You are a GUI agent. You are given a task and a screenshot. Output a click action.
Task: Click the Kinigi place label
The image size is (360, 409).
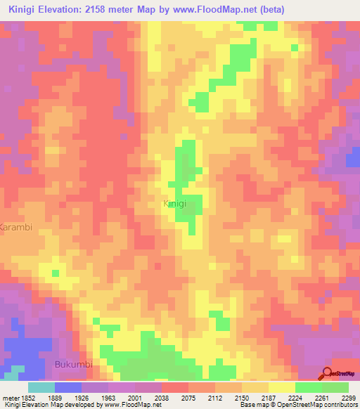[174, 204]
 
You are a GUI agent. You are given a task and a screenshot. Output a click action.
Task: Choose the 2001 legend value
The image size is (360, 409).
[142, 397]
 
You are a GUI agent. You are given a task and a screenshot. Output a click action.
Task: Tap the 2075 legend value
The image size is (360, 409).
[195, 397]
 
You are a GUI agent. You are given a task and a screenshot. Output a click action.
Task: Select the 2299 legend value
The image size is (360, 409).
[349, 397]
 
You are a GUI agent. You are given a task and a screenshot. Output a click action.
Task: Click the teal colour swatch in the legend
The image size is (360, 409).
[41, 387]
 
